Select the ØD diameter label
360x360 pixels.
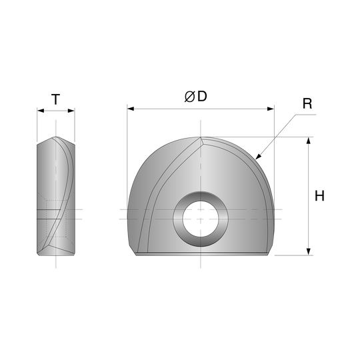195,97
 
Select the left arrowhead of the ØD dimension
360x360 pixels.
131,108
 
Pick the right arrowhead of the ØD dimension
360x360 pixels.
269,108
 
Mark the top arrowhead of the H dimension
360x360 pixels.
308,141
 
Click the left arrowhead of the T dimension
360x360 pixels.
41,111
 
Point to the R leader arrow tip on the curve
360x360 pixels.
257,157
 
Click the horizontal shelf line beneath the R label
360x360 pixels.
306,114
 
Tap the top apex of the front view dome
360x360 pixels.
200,137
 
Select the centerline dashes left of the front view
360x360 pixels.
122,214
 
